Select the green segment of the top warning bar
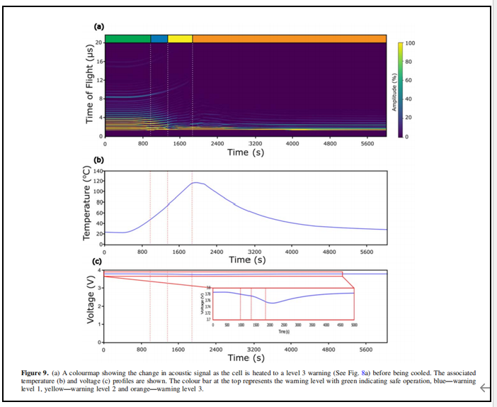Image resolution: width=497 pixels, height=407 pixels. click(x=127, y=38)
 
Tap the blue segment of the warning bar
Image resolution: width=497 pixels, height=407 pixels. click(x=159, y=38)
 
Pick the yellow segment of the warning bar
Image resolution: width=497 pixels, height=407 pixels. click(x=180, y=38)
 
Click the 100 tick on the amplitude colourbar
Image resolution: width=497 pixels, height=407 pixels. click(x=410, y=44)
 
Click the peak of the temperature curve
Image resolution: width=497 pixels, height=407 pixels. click(x=194, y=183)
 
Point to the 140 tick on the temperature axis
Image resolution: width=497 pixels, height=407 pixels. click(x=98, y=172)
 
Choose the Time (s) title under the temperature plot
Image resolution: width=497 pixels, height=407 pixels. click(x=247, y=260)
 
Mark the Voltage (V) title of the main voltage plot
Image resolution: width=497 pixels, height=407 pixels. click(x=90, y=306)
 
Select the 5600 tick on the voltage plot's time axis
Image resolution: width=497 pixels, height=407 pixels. click(x=366, y=350)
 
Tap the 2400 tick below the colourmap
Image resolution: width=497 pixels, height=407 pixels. click(x=217, y=143)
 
